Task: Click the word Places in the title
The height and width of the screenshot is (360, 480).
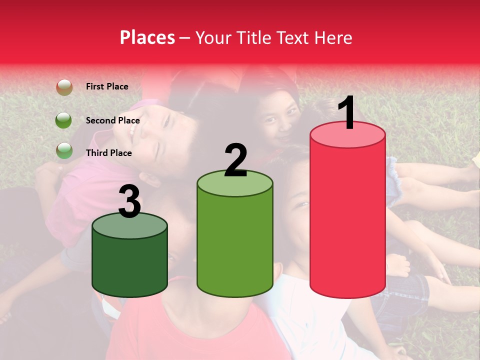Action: pyautogui.click(x=147, y=37)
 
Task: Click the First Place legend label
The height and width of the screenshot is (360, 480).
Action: pyautogui.click(x=107, y=86)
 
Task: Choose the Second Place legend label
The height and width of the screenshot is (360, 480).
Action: pyautogui.click(x=112, y=120)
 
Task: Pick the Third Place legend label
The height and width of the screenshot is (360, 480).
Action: pyautogui.click(x=108, y=153)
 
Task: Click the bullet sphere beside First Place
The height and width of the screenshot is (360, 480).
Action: pyautogui.click(x=64, y=87)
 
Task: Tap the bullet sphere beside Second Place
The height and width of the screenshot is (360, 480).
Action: pyautogui.click(x=64, y=120)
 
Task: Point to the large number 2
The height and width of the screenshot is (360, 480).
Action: pyautogui.click(x=235, y=160)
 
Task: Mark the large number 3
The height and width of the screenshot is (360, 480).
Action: pyautogui.click(x=129, y=201)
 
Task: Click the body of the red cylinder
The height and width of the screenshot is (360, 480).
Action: pyautogui.click(x=347, y=220)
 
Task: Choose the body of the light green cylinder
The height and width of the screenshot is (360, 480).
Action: pyautogui.click(x=235, y=245)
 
